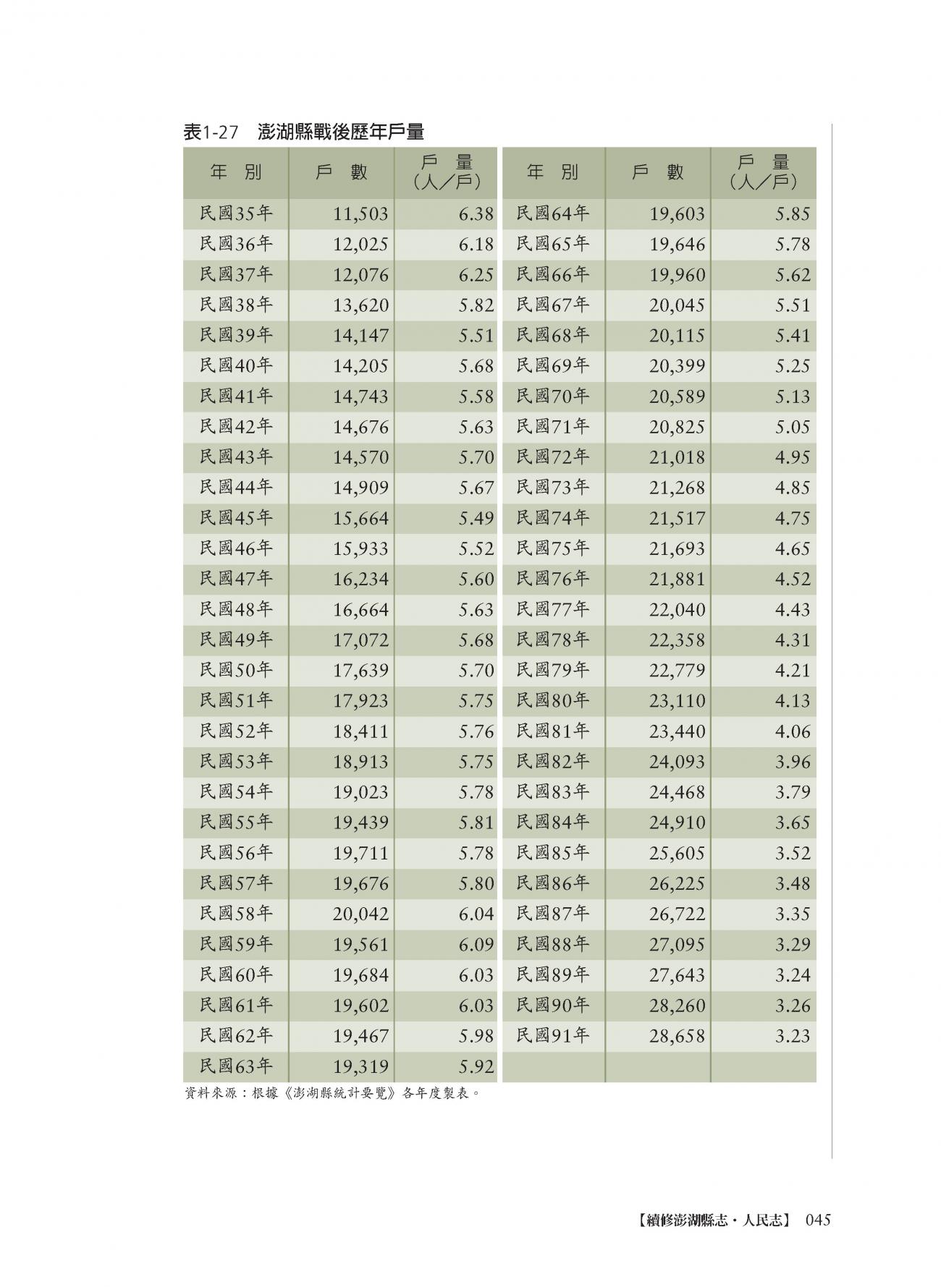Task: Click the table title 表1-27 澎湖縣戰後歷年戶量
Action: (x=303, y=132)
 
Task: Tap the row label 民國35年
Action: (x=236, y=213)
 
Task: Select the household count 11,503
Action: (x=360, y=214)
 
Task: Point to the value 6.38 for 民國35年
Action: (x=476, y=214)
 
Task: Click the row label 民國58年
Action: (x=236, y=914)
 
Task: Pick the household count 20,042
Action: (x=360, y=914)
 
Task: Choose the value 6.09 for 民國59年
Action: (x=476, y=945)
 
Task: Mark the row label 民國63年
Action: (x=236, y=1066)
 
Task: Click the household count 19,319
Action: (x=360, y=1066)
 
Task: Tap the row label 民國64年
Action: (x=553, y=213)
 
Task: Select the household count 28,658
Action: (x=677, y=1036)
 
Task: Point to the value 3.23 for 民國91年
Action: (x=792, y=1036)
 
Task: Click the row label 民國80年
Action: (x=553, y=700)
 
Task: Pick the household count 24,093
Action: (x=677, y=762)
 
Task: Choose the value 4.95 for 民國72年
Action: (x=792, y=458)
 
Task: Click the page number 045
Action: (x=816, y=1220)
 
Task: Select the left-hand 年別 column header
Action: (x=236, y=172)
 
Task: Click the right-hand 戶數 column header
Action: (x=657, y=172)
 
